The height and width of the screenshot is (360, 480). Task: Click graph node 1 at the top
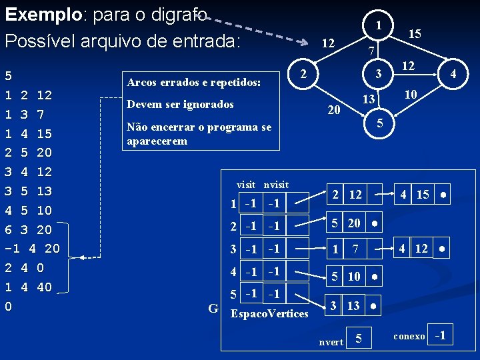point(378,25)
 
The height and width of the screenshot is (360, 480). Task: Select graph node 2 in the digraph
point(302,73)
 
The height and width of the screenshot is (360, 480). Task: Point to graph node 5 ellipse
point(379,123)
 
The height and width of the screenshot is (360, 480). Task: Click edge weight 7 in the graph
point(374,51)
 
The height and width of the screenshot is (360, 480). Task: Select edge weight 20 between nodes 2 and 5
point(334,109)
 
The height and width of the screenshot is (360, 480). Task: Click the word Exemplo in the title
point(41,14)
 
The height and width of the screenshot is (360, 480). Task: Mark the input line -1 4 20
point(33,249)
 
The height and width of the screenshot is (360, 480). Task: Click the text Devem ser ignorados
point(180,105)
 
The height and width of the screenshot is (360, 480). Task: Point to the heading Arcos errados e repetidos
point(193,83)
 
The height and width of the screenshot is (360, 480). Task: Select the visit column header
point(247,184)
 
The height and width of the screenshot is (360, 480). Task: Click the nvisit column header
point(276,184)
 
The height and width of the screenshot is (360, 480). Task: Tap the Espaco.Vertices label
point(269,313)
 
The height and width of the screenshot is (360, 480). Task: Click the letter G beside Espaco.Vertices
point(213,309)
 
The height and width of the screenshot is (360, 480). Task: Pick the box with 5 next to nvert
point(359,340)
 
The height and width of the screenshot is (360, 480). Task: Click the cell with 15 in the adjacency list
point(422,195)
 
